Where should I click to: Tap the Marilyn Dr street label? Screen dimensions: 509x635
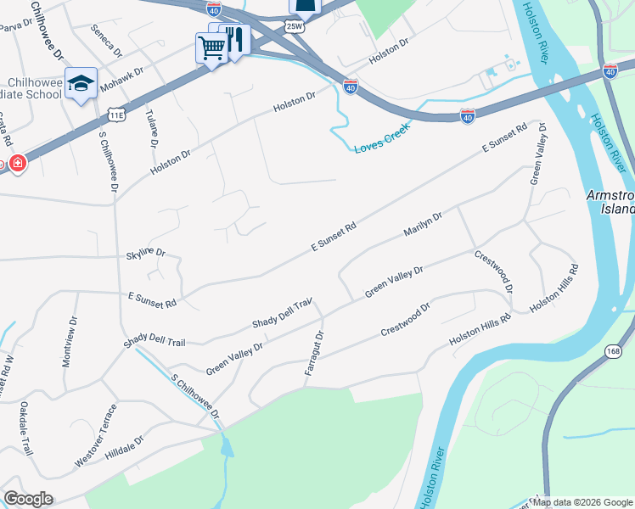[423, 226]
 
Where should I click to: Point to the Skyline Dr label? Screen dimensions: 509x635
[145, 253]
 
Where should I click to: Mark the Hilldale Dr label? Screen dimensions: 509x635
[124, 446]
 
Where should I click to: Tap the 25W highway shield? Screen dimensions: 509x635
[294, 27]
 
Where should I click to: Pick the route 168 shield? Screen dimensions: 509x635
[613, 350]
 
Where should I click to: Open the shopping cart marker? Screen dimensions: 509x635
[210, 48]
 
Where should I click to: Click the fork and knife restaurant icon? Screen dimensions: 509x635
[235, 38]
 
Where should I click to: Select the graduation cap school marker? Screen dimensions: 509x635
[81, 83]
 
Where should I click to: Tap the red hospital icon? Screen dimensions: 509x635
[18, 163]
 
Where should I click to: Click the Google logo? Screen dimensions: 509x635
[27, 499]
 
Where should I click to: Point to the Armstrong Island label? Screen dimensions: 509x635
[610, 201]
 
